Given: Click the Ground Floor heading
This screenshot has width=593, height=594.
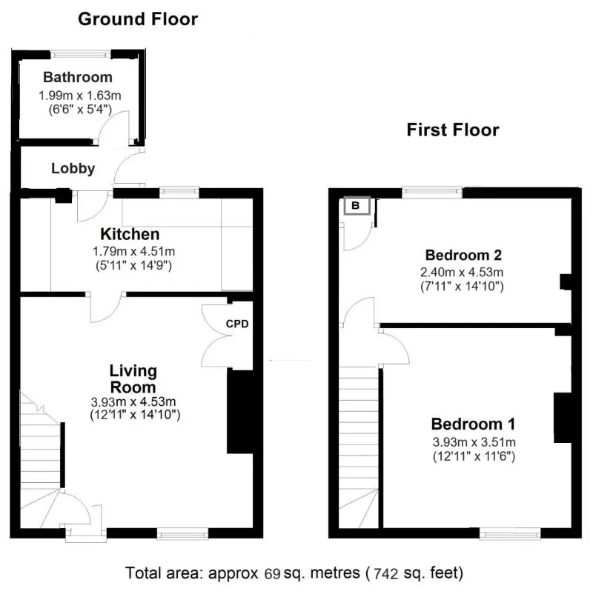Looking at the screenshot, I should pyautogui.click(x=138, y=19).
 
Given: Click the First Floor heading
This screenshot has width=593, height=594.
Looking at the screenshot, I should pyautogui.click(x=452, y=130).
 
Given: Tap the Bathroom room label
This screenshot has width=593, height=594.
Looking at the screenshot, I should pyautogui.click(x=78, y=77).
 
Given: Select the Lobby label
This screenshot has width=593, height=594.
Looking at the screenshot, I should pyautogui.click(x=73, y=169).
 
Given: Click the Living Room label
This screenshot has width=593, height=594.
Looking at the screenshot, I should pyautogui.click(x=133, y=378).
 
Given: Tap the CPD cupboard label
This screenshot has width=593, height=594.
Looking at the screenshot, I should pyautogui.click(x=237, y=324).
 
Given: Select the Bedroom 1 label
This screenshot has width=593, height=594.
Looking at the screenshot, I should pyautogui.click(x=473, y=424).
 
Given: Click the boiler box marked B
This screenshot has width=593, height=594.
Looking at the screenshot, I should pyautogui.click(x=355, y=205).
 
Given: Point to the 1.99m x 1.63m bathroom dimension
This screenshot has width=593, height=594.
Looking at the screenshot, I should pyautogui.click(x=79, y=96).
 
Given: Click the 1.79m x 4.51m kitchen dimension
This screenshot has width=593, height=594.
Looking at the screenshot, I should pyautogui.click(x=133, y=251).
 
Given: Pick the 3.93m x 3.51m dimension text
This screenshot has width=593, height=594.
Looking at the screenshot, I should pyautogui.click(x=474, y=442).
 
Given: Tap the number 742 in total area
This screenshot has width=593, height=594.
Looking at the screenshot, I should pyautogui.click(x=388, y=573).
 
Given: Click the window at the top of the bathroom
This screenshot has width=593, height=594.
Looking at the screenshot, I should pyautogui.click(x=81, y=53).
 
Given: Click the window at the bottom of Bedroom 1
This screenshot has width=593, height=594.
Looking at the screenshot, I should pyautogui.click(x=510, y=533).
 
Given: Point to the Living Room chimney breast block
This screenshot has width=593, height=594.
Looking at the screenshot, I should pyautogui.click(x=239, y=411).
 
